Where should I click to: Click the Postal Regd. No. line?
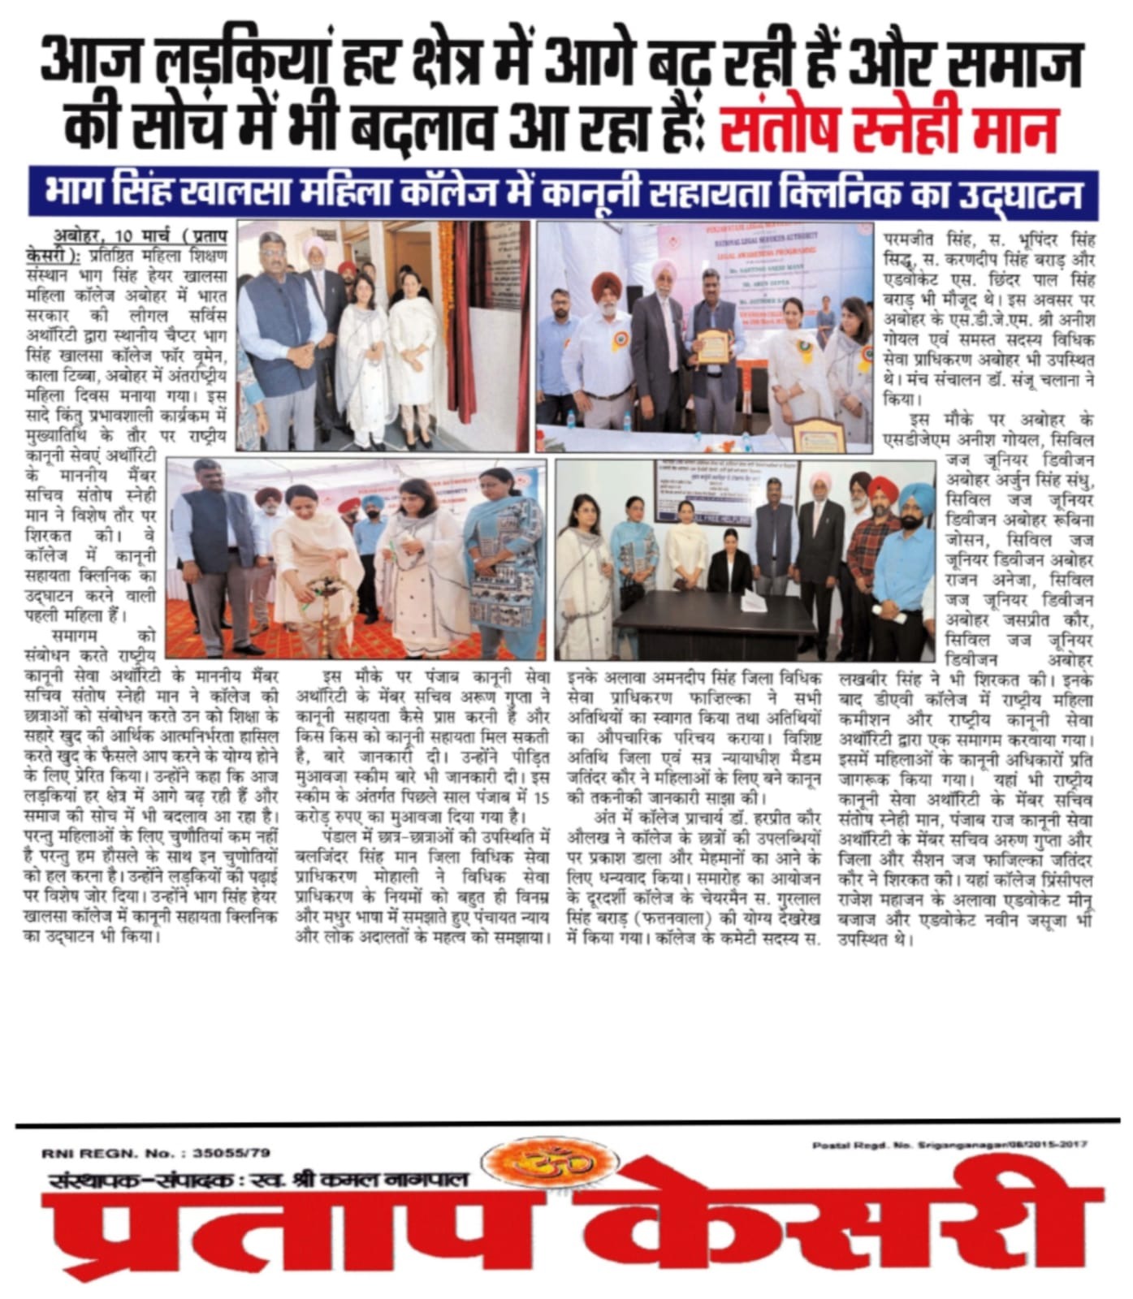(x=949, y=1145)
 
